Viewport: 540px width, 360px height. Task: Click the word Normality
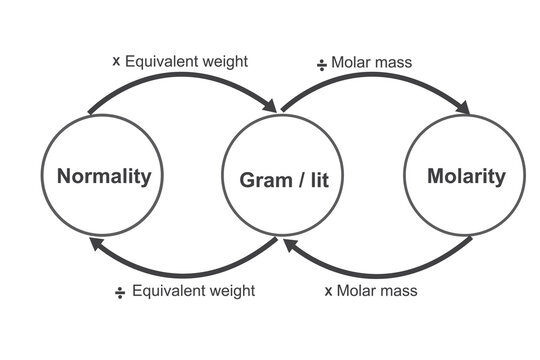tap(104, 178)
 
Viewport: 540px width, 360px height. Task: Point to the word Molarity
tap(465, 177)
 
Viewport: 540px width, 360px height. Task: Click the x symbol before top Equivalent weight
tap(117, 61)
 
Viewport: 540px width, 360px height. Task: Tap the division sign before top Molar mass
tap(323, 62)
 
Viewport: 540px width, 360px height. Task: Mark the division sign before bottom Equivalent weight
tap(120, 292)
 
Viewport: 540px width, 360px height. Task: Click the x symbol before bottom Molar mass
tap(329, 292)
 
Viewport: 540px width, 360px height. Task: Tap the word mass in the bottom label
tap(399, 292)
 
